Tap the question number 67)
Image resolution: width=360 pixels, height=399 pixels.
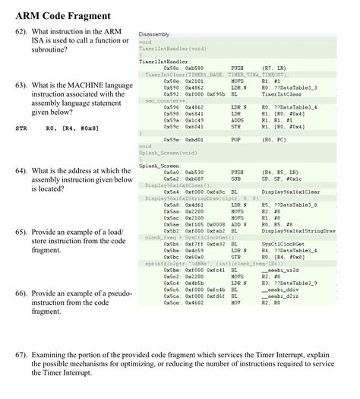point(24,353)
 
